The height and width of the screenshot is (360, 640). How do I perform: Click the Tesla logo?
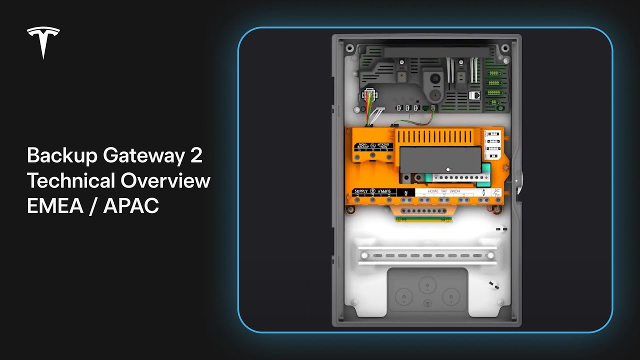click(43, 42)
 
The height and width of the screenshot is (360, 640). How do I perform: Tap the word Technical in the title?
click(71, 180)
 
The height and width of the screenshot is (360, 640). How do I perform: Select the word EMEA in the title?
click(55, 205)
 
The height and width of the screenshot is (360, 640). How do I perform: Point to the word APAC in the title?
click(131, 205)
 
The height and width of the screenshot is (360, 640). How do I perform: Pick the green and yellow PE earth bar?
click(421, 218)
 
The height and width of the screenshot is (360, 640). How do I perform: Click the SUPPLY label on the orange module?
click(360, 191)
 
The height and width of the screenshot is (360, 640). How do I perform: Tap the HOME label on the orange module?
click(433, 191)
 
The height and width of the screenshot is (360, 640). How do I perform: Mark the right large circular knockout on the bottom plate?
click(450, 298)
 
